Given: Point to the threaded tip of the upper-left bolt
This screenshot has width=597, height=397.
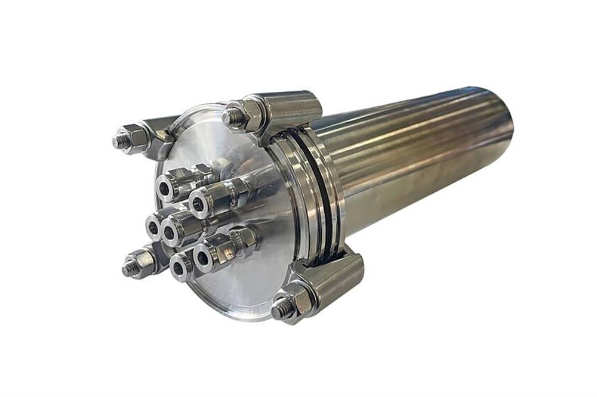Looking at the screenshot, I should tap(120, 141).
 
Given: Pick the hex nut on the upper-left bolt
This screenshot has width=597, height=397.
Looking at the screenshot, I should tap(136, 138).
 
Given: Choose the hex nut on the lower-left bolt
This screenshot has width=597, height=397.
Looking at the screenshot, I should tap(142, 262).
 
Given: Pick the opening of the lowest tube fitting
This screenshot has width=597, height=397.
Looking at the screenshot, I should tap(178, 268).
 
